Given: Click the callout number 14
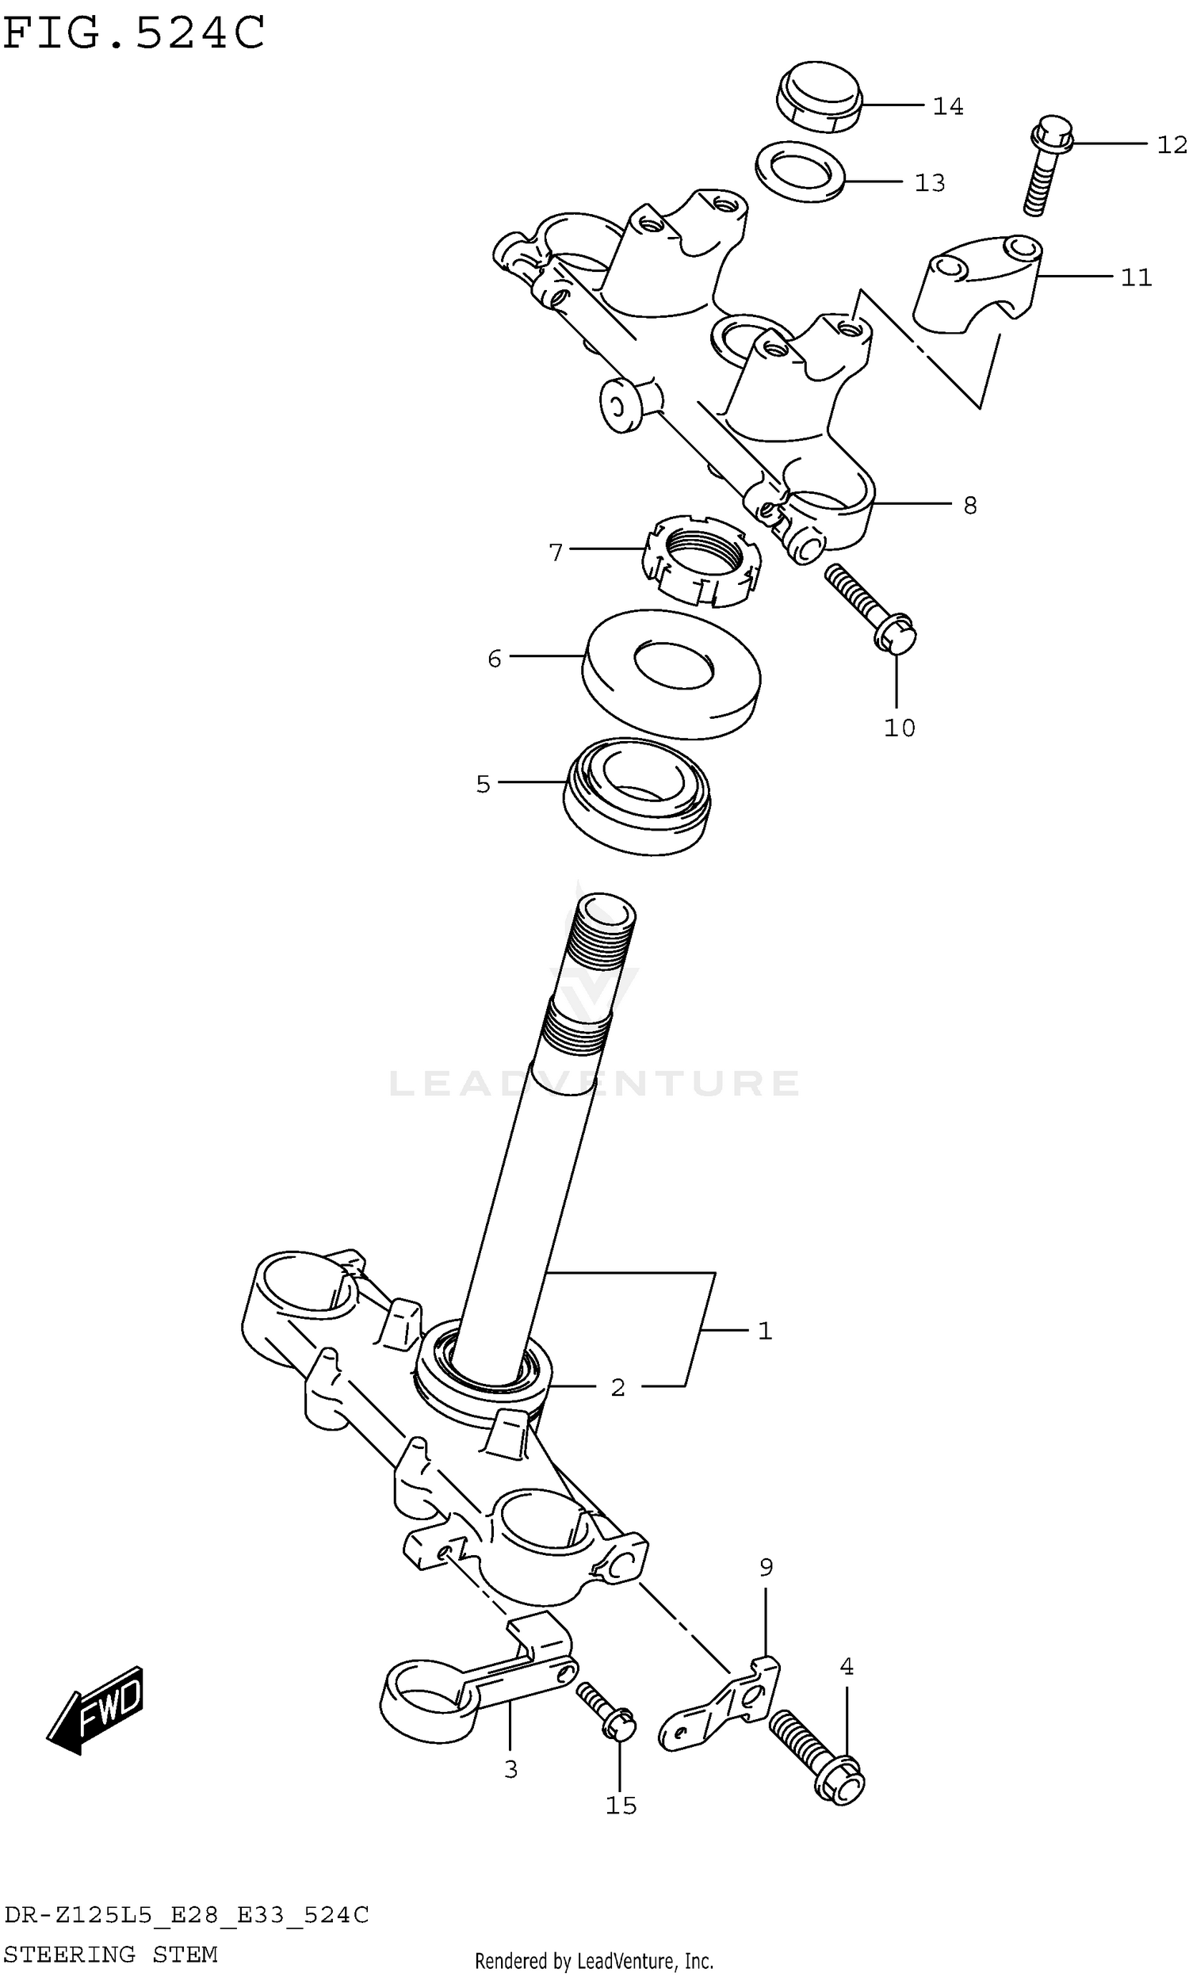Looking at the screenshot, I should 947,106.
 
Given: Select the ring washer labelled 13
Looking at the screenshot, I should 800,171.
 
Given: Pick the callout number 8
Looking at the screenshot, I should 969,506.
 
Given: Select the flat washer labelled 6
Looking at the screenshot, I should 671,675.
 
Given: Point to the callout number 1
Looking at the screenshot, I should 764,1332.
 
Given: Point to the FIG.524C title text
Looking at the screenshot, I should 134,33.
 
